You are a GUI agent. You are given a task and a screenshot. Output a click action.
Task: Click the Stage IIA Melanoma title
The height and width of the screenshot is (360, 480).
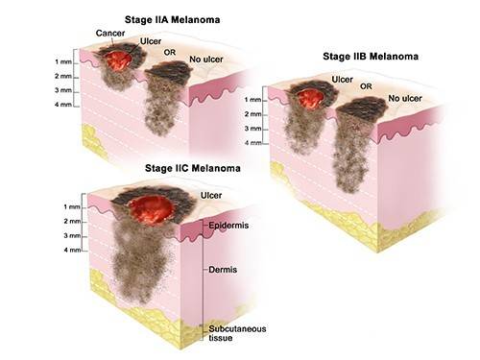tap(172, 20)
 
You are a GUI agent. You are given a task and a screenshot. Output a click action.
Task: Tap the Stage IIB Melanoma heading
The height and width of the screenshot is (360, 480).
tap(371, 57)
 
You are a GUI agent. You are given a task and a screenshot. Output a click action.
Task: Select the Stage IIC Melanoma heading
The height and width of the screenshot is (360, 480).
tap(193, 168)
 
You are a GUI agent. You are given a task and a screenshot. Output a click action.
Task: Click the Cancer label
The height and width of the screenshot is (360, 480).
tap(110, 33)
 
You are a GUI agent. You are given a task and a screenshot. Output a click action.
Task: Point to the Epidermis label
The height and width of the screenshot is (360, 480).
tap(228, 226)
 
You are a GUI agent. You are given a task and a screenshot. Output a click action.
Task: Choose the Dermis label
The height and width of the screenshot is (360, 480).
tap(223, 270)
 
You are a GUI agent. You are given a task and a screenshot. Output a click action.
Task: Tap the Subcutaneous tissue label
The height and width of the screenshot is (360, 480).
tap(237, 333)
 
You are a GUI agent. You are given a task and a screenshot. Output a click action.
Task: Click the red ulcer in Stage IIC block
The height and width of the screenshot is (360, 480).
tap(151, 209)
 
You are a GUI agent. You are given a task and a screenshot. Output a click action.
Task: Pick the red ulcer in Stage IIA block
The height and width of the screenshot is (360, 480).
tap(118, 60)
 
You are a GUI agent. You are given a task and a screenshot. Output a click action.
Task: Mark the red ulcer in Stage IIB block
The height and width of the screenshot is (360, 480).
tap(309, 99)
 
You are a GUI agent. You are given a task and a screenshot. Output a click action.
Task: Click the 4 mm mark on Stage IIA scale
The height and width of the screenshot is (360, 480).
tap(63, 105)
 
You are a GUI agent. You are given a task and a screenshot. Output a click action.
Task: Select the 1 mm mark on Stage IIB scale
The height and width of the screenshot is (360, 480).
tap(252, 100)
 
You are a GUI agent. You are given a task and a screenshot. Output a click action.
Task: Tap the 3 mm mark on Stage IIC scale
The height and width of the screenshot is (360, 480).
tap(72, 235)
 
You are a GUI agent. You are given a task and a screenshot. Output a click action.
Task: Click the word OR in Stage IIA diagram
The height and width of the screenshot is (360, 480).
tap(170, 52)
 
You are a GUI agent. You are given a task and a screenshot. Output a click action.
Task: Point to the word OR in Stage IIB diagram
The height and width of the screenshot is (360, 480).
tap(366, 86)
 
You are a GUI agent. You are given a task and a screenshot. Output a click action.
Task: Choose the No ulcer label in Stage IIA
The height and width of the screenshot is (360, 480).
tap(206, 60)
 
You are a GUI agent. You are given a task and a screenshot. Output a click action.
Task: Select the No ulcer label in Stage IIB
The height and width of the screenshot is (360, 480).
tap(405, 99)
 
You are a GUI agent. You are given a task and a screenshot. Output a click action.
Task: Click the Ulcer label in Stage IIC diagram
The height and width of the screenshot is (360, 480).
tap(211, 195)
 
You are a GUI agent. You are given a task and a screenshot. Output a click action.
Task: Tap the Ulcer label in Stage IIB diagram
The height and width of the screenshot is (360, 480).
tap(343, 80)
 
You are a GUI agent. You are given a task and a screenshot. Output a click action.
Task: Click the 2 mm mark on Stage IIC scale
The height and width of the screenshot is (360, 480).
tap(72, 221)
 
